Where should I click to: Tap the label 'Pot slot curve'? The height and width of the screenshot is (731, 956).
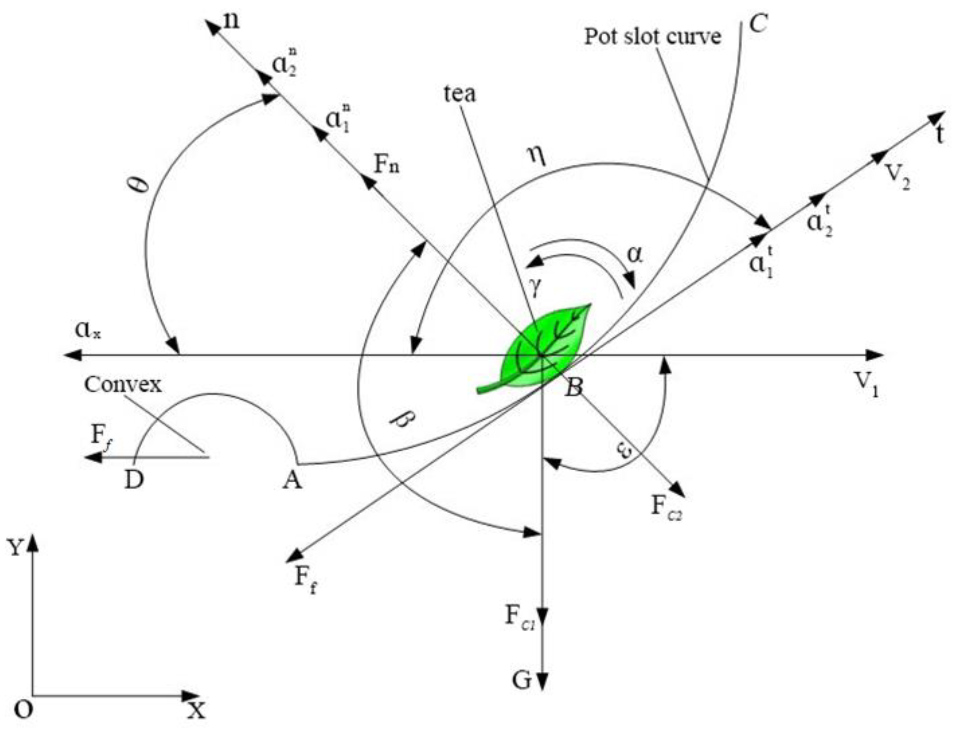(x=652, y=37)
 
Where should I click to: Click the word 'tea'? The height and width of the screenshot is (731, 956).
(x=460, y=94)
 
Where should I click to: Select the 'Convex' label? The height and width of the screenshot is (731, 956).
(x=123, y=385)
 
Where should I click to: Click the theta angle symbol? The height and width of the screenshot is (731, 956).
(x=142, y=185)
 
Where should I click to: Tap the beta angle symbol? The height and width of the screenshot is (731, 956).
(x=403, y=421)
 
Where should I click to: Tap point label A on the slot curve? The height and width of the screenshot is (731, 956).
(x=292, y=481)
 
